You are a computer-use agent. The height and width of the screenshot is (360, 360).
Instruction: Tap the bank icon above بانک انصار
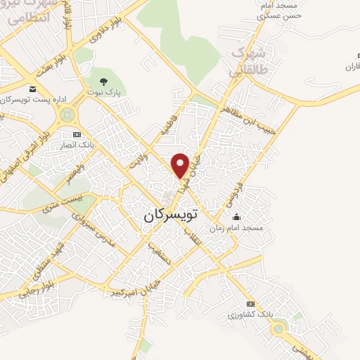click(77, 134)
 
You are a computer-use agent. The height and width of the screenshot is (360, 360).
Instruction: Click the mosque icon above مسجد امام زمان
click(236, 217)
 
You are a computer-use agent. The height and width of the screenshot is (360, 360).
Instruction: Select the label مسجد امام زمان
click(237, 228)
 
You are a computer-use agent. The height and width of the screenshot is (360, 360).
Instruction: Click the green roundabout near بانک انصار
click(68, 117)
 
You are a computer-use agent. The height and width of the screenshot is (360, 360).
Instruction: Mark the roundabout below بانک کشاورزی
click(279, 328)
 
